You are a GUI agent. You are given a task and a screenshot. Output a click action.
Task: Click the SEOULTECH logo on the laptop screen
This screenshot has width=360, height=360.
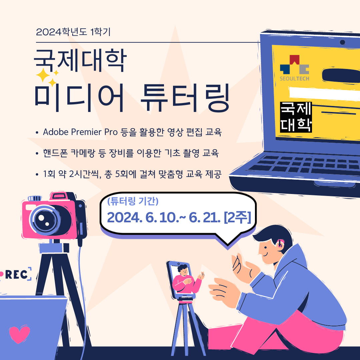click(x=295, y=68)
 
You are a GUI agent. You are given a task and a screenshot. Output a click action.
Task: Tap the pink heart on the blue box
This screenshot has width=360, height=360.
click(x=19, y=334)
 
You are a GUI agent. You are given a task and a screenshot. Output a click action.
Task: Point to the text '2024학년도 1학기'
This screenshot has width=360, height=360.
click(x=73, y=32)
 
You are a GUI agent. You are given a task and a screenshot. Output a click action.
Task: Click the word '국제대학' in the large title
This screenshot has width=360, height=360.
click(x=80, y=60)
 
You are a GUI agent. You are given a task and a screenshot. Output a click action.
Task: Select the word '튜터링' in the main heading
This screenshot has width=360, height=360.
click(x=185, y=98)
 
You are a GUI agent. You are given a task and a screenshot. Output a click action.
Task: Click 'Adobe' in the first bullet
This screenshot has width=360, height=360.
click(x=56, y=132)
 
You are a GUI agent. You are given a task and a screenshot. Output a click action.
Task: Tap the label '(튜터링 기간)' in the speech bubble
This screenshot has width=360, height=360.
click(x=133, y=201)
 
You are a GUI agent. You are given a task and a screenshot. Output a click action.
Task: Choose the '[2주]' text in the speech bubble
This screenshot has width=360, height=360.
click(x=237, y=217)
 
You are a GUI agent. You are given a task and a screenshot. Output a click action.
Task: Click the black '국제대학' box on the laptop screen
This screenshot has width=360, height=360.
click(x=296, y=117)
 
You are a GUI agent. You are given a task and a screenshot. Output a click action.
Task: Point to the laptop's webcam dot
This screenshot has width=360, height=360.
click(x=342, y=42)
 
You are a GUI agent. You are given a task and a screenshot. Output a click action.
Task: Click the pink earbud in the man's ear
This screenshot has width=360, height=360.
click(x=280, y=244)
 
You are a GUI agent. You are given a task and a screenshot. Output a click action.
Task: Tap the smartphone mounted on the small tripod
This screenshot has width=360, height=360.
click(x=181, y=279)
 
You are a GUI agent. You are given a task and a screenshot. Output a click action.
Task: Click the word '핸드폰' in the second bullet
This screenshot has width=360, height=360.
click(x=55, y=153)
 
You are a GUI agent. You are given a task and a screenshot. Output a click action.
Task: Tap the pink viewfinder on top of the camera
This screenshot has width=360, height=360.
click(x=59, y=196)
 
